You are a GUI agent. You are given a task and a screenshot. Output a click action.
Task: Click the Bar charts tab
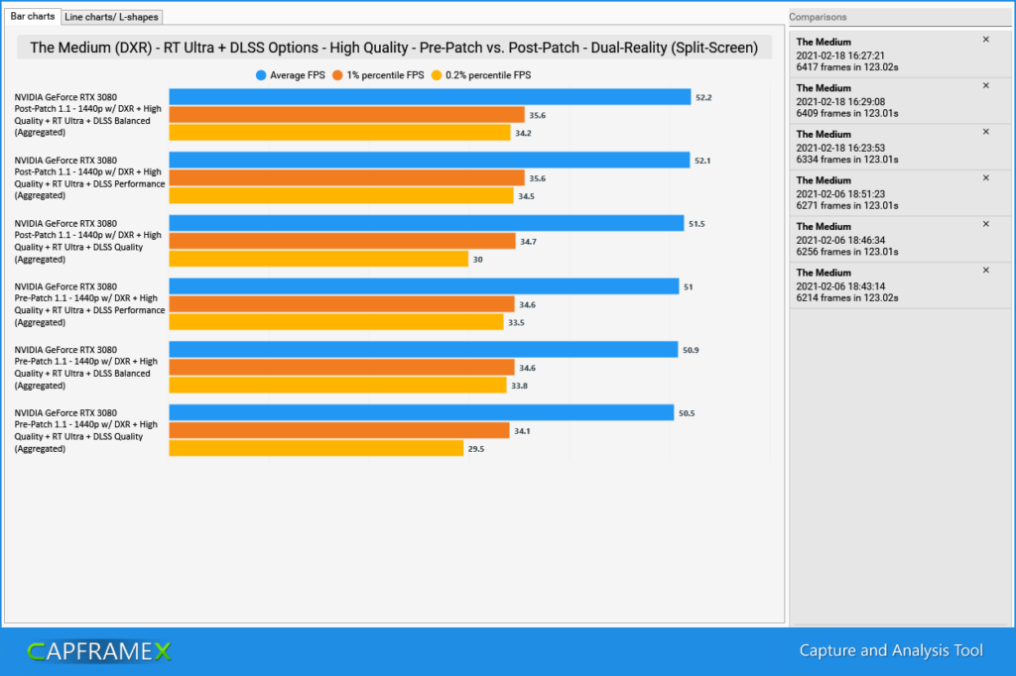click(32, 16)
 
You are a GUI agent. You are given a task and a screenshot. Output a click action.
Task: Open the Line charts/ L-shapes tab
click(110, 17)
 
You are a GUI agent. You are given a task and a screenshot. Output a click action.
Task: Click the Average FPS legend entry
click(293, 75)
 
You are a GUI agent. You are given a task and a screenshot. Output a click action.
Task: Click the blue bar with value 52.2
click(430, 97)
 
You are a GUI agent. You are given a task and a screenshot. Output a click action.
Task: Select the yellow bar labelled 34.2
click(338, 133)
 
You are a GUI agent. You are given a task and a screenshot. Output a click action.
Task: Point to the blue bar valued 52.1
click(429, 160)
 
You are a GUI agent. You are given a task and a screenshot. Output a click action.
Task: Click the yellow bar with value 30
click(318, 259)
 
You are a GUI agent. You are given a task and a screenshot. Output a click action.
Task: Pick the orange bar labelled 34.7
click(342, 241)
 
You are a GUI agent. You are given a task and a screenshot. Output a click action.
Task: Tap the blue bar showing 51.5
click(426, 223)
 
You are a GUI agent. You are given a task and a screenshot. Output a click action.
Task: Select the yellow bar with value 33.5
click(336, 322)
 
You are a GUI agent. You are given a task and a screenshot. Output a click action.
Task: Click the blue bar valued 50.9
click(423, 349)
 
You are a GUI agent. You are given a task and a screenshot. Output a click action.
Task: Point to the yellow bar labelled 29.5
click(317, 448)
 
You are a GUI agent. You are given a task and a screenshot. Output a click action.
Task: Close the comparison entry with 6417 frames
click(985, 40)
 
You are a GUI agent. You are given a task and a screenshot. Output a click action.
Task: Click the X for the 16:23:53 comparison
click(985, 132)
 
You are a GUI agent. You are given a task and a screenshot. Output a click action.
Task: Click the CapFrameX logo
click(99, 651)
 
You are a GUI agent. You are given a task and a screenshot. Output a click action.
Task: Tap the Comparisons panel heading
click(820, 17)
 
